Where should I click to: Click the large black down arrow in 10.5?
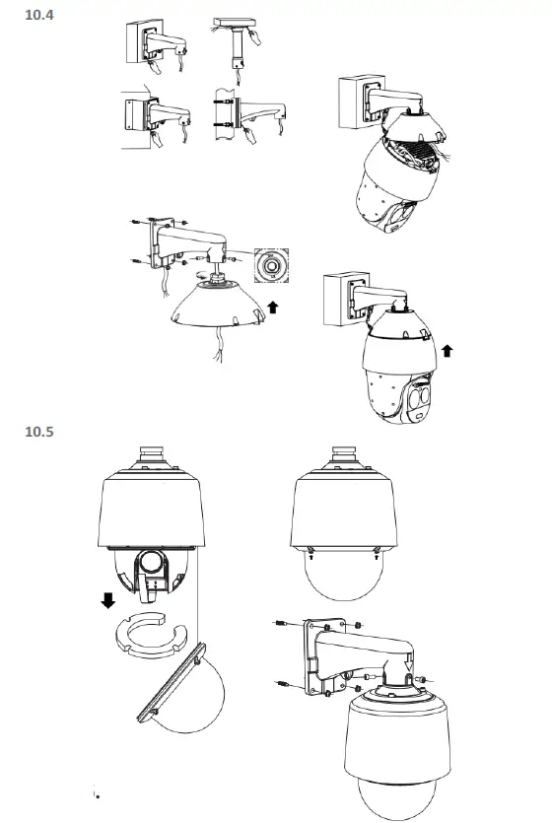click(109, 600)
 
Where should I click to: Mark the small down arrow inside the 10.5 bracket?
click(412, 676)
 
